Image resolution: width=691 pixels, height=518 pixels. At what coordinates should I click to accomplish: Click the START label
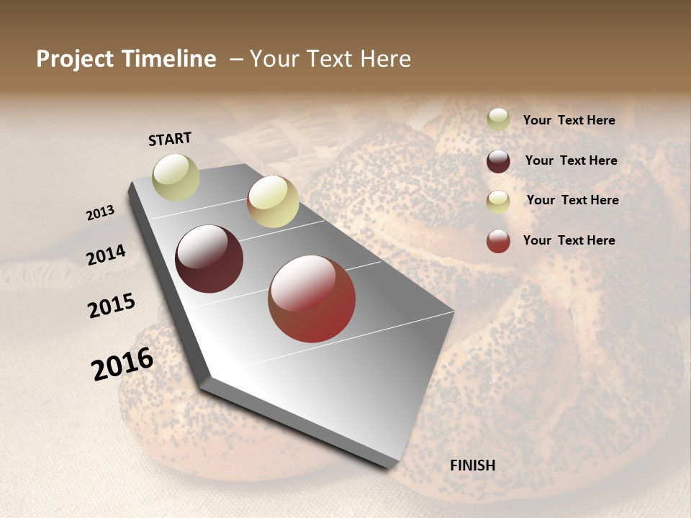pos(170,139)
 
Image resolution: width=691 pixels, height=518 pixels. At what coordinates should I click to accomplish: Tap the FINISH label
pos(473,465)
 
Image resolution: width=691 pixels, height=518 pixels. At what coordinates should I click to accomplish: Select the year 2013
pos(101,213)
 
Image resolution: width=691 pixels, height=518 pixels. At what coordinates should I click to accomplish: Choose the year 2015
pos(112,306)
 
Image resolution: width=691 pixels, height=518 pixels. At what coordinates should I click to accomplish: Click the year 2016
pos(122,363)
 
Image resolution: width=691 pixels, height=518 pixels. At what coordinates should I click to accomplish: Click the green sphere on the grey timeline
pos(176,177)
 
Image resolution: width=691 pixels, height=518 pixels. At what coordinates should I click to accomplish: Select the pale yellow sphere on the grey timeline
pos(273,201)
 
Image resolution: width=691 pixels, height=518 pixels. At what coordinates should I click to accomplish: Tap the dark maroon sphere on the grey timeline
pos(209,259)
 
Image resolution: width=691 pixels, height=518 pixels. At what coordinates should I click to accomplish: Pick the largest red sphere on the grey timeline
pos(312,299)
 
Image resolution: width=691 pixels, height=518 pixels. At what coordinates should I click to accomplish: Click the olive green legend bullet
pos(498,120)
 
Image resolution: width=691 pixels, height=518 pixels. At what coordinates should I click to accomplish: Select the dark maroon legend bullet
pos(498,161)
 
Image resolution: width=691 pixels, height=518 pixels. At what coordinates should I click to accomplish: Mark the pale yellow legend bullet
pos(498,201)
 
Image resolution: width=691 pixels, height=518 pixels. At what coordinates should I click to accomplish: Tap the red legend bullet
pos(498,241)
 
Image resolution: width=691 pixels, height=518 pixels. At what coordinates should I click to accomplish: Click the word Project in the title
pos(75,59)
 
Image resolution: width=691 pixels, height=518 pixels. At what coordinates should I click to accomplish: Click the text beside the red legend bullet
pos(569,240)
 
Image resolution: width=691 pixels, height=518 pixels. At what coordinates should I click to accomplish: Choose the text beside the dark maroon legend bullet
pos(571,160)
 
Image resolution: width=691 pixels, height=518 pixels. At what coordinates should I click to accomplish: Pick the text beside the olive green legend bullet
pos(569,120)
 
